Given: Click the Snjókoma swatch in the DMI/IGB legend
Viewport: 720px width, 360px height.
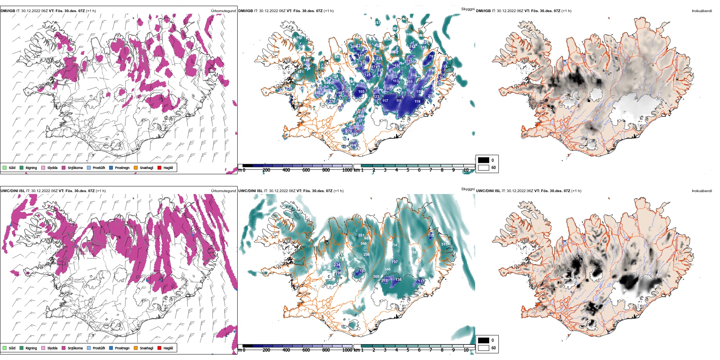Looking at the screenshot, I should pyautogui.click(x=64, y=167).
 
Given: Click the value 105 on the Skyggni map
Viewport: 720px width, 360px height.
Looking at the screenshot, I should pyautogui.click(x=361, y=92).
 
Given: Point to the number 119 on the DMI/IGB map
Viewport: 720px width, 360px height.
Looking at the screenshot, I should pyautogui.click(x=417, y=102).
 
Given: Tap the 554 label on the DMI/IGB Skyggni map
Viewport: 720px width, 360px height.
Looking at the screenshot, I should pyautogui.click(x=361, y=116).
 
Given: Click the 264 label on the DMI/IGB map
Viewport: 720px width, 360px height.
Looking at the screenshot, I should pyautogui.click(x=353, y=145).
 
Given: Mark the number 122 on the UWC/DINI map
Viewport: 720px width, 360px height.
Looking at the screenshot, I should pyautogui.click(x=431, y=235).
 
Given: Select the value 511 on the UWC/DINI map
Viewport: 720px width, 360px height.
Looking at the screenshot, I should pyautogui.click(x=444, y=244).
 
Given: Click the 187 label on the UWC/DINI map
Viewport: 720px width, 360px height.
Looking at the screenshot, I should pyautogui.click(x=362, y=271).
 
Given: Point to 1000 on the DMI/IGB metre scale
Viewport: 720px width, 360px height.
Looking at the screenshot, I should pyautogui.click(x=347, y=170).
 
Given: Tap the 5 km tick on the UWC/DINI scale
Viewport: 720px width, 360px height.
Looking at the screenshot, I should pyautogui.click(x=408, y=350).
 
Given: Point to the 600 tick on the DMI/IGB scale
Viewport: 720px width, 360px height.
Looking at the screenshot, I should pyautogui.click(x=306, y=170).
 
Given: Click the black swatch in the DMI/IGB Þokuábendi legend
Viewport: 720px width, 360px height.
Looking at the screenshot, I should pyautogui.click(x=484, y=160).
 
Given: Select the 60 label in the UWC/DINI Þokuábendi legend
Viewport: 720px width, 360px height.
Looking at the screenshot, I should pyautogui.click(x=493, y=348).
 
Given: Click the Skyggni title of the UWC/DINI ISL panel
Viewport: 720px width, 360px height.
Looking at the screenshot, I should pyautogui.click(x=468, y=189).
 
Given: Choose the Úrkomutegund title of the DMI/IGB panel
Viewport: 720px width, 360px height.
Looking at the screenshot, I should pyautogui.click(x=223, y=11).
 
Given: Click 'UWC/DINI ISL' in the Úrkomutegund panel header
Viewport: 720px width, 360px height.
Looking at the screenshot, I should pyautogui.click(x=13, y=191).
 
